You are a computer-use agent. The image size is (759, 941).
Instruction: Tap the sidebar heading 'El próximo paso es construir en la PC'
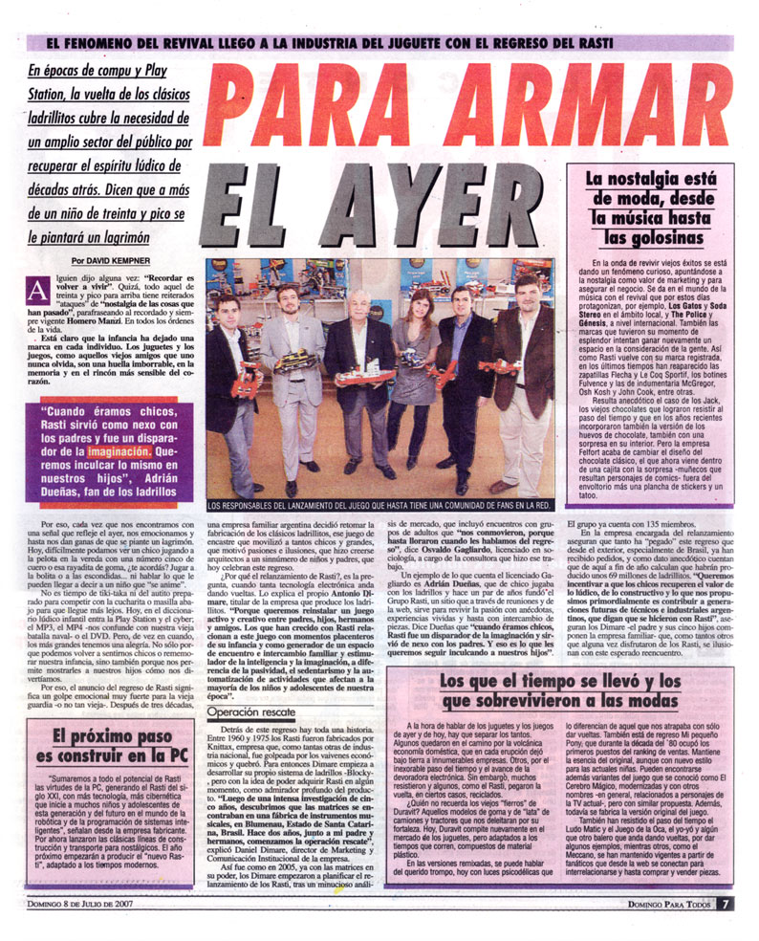[111, 750]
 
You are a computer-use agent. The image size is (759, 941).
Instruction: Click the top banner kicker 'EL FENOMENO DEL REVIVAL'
[379, 43]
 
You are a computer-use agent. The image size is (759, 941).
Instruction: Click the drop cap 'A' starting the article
[37, 288]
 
